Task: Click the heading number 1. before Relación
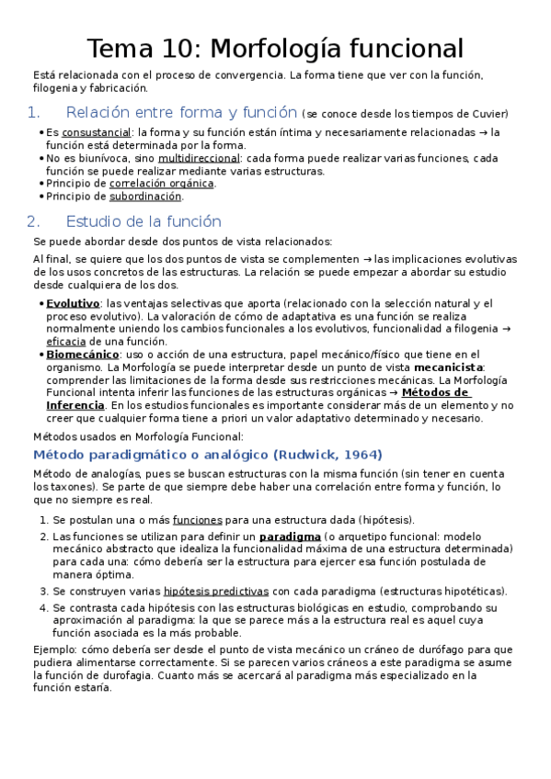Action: pos(35,114)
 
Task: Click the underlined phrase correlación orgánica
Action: pos(162,184)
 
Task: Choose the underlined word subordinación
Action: pos(145,197)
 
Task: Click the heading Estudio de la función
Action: pos(143,221)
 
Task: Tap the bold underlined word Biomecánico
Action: pos(83,355)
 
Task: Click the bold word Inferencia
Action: pos(79,406)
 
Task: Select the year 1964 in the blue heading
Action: pos(361,456)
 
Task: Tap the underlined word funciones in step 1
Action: pos(198,519)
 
